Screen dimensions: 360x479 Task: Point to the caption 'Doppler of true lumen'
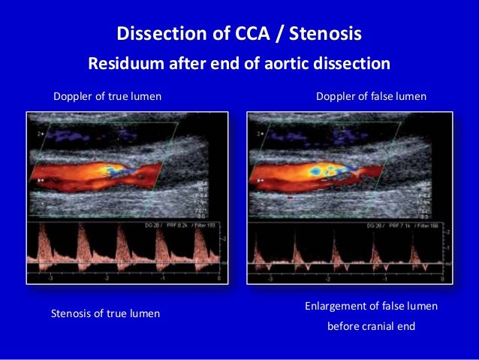107,97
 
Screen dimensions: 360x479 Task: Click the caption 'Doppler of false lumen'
372,97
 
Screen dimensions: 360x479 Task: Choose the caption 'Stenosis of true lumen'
105,313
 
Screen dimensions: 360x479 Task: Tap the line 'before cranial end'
372,327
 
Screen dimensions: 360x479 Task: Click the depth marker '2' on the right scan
260,134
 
